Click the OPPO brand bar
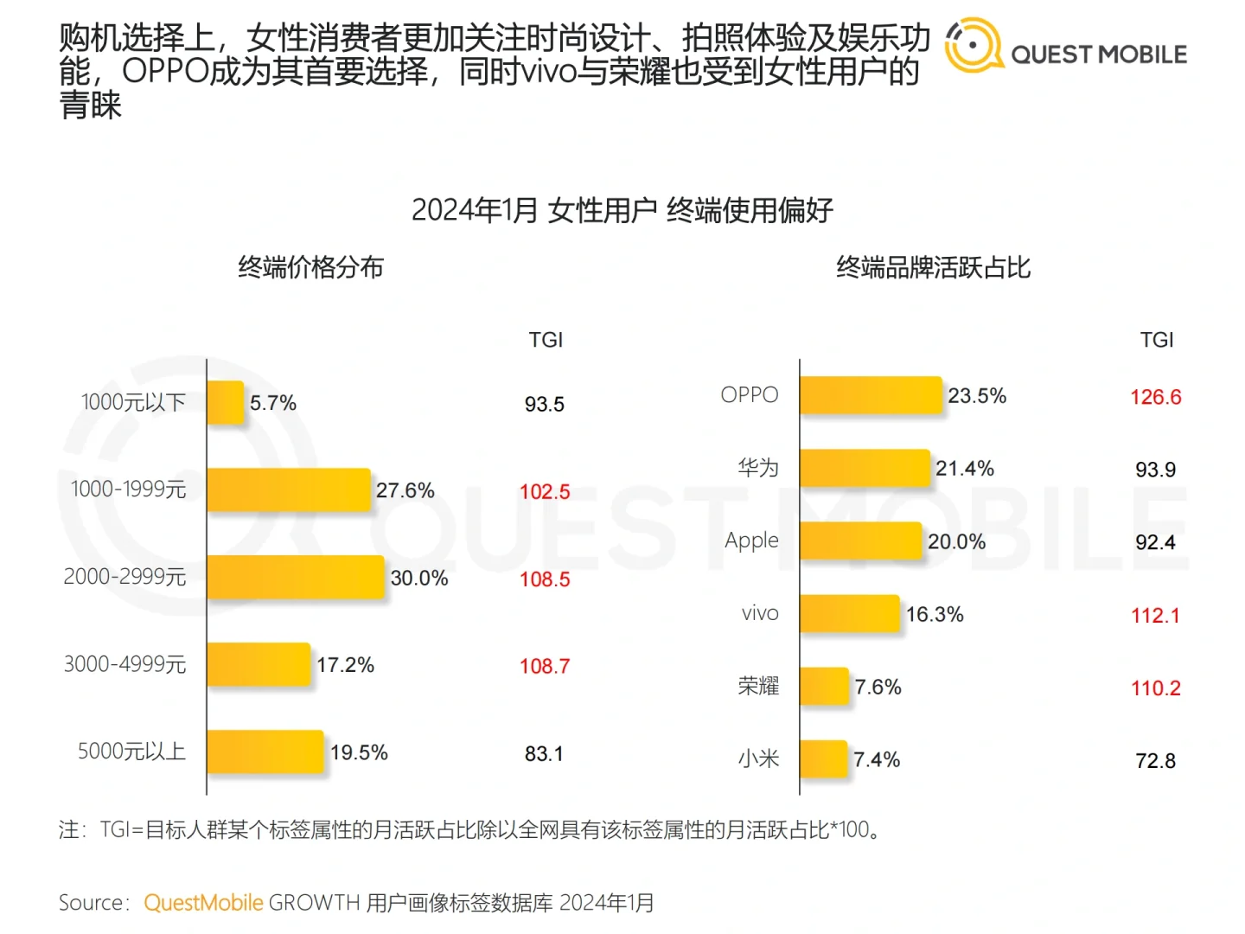tap(871, 395)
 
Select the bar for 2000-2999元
tap(296, 577)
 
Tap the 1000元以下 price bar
tap(226, 403)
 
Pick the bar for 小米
tap(823, 759)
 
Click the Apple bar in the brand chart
tap(861, 541)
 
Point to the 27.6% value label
tap(405, 490)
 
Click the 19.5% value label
tap(359, 752)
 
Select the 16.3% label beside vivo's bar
tap(935, 614)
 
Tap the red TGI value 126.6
tap(1155, 397)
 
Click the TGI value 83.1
tap(544, 754)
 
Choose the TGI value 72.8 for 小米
tap(1155, 761)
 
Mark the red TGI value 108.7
tap(545, 666)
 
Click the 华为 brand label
tap(758, 468)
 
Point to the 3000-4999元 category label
tap(125, 664)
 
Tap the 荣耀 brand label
tap(758, 687)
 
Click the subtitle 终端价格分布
tap(310, 267)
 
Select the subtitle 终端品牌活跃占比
tap(933, 267)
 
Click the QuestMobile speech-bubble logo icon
tap(973, 45)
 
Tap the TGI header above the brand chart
tap(1157, 340)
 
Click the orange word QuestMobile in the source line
tap(203, 903)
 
